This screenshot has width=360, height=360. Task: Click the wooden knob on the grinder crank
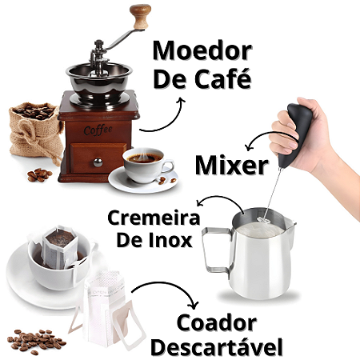pyautogui.click(x=140, y=16)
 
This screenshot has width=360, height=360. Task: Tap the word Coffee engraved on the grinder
pyautogui.click(x=98, y=130)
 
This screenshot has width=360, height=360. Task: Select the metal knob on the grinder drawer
pyautogui.click(x=98, y=162)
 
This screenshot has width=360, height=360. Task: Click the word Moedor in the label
pyautogui.click(x=202, y=50)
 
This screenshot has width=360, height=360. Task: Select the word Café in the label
pyautogui.click(x=223, y=78)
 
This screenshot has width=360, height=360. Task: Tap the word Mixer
pyautogui.click(x=232, y=165)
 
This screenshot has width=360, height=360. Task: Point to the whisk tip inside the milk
pyautogui.click(x=262, y=220)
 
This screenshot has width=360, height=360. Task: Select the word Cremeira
pyautogui.click(x=154, y=218)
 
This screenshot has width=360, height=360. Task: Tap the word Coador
pyautogui.click(x=217, y=323)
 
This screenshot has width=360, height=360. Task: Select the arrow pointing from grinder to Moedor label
pyautogui.click(x=170, y=122)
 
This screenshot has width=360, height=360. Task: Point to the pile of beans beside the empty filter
pyautogui.click(x=36, y=342)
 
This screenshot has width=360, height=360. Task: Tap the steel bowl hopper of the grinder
pyautogui.click(x=99, y=80)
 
